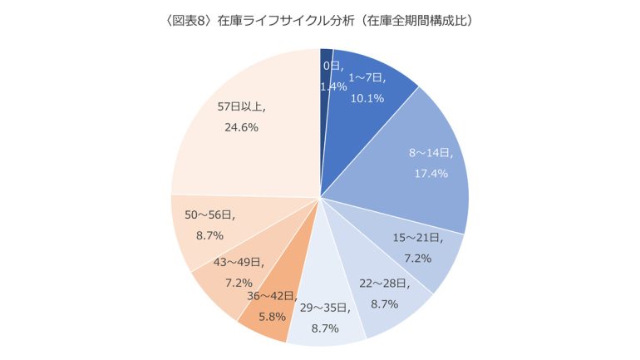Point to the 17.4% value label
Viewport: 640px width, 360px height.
click(x=431, y=174)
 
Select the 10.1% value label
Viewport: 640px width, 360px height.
click(x=367, y=98)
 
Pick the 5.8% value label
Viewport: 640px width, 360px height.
click(x=271, y=317)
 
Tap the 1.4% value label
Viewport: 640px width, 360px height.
click(x=333, y=86)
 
